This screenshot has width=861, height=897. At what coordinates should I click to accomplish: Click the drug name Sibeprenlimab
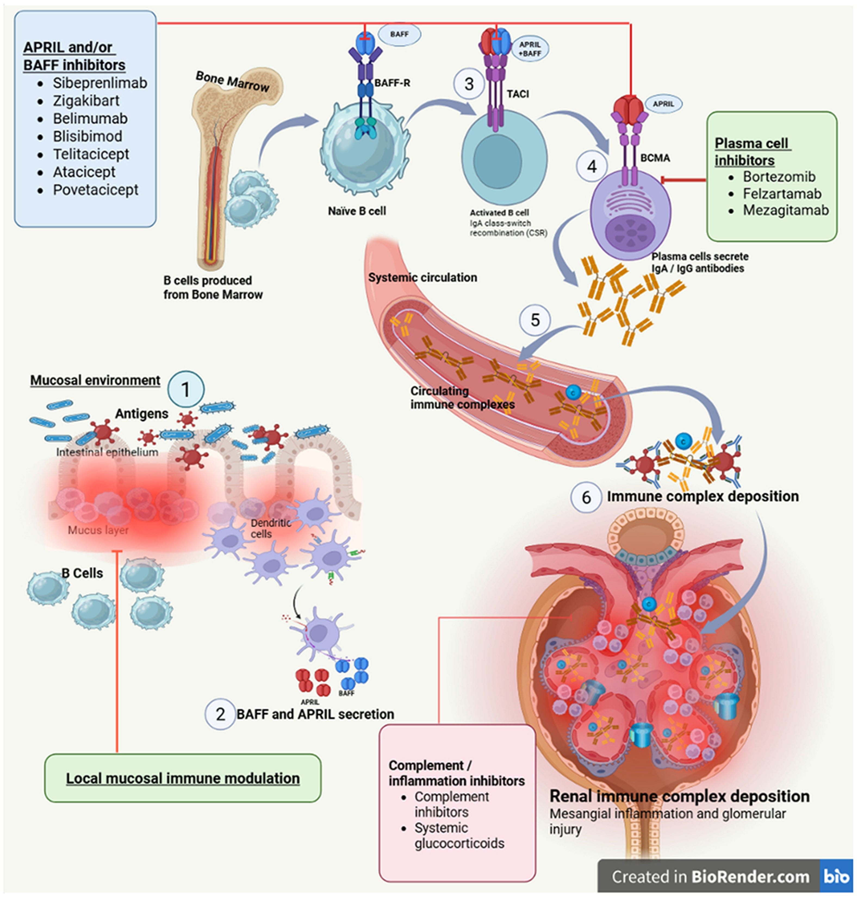(x=100, y=83)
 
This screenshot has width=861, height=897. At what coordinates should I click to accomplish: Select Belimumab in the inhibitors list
(x=90, y=119)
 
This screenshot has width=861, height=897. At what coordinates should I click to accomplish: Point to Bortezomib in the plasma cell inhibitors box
(x=779, y=177)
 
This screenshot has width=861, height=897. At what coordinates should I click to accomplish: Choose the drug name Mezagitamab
(x=785, y=210)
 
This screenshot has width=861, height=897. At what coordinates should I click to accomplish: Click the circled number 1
(x=185, y=390)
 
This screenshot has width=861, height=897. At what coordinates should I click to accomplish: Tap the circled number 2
(x=220, y=714)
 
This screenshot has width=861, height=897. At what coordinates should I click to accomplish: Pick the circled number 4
(x=592, y=167)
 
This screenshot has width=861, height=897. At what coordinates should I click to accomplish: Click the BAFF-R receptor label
(x=392, y=83)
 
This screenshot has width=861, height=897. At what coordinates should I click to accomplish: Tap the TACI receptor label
(x=518, y=94)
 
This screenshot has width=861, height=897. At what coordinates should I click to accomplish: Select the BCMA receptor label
(x=655, y=158)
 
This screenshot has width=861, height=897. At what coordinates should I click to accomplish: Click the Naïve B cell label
(x=357, y=211)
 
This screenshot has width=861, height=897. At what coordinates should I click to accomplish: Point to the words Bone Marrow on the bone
(x=232, y=82)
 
